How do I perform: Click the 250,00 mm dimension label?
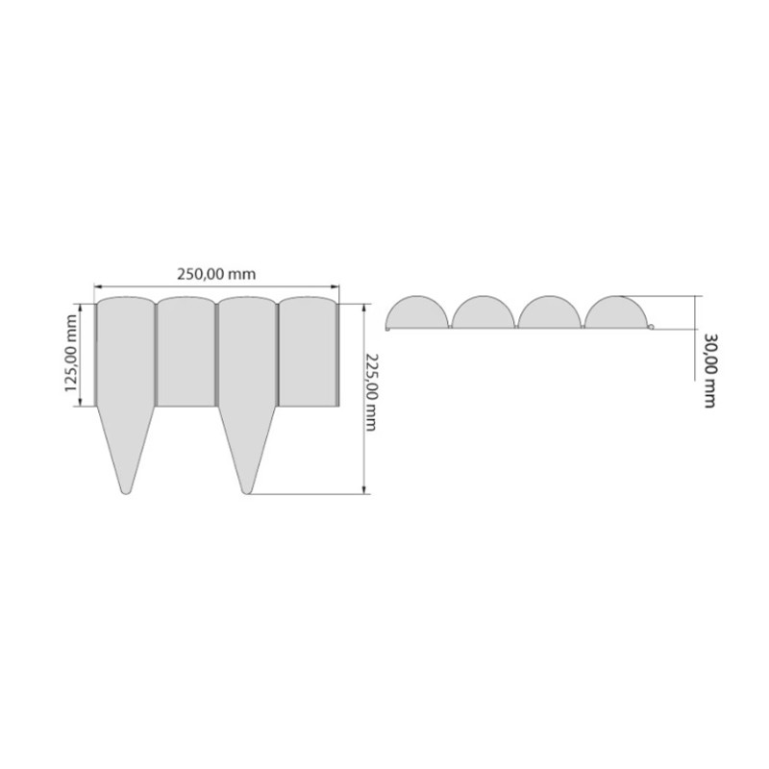pyautogui.click(x=216, y=274)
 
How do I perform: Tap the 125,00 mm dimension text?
pyautogui.click(x=71, y=353)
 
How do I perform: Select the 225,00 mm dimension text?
pyautogui.click(x=370, y=392)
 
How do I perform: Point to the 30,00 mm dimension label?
pyautogui.click(x=709, y=371)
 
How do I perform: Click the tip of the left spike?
pyautogui.click(x=126, y=493)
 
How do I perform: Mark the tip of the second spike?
pyautogui.click(x=247, y=493)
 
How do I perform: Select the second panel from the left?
pyautogui.click(x=186, y=352)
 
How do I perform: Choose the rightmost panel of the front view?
pyautogui.click(x=309, y=352)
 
